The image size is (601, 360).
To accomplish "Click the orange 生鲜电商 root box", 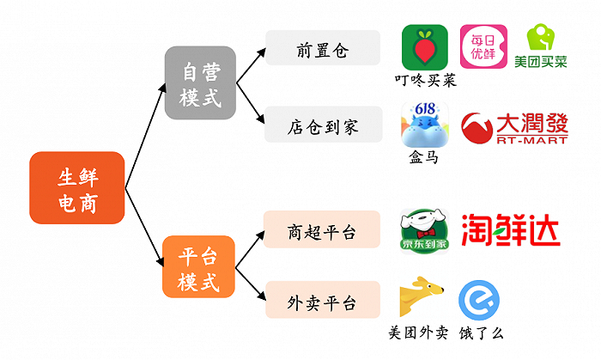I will point(77,187).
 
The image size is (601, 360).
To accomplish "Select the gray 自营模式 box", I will point(200,82).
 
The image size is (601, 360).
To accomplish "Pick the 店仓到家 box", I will point(322,125).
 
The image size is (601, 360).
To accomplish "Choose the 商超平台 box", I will point(322,229).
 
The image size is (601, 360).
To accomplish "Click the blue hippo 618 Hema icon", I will point(425,125).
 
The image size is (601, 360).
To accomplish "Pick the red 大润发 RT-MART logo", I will point(513,127).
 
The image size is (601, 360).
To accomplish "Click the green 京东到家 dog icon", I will point(425,229).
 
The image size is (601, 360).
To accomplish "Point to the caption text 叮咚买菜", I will point(425,81).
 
